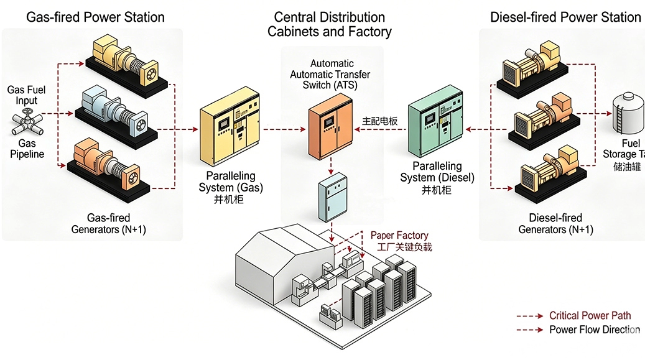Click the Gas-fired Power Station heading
(x=95, y=17)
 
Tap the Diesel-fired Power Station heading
(x=565, y=17)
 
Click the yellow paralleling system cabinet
(x=228, y=132)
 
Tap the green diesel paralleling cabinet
(x=436, y=127)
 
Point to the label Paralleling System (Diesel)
(x=437, y=172)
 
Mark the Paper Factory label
(x=399, y=236)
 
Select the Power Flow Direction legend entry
(x=594, y=330)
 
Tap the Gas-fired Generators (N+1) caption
(x=109, y=224)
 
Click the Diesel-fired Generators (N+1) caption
(x=555, y=224)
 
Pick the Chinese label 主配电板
(x=380, y=122)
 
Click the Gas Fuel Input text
(x=26, y=95)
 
